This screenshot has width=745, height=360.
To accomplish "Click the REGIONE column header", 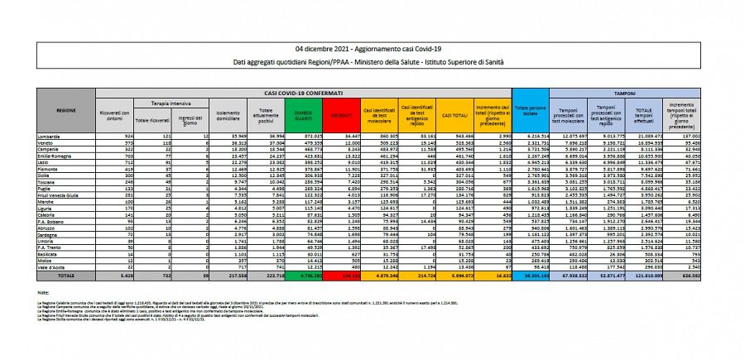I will click(x=66, y=110).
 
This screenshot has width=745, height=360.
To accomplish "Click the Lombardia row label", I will click(x=48, y=133).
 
